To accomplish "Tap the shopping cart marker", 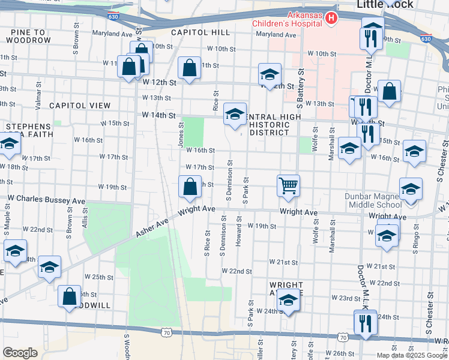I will [289, 186].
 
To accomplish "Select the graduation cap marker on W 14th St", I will [235, 113].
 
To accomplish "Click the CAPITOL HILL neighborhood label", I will [197, 32].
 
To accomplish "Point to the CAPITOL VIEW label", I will [80, 105].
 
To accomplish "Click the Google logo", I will [20, 353].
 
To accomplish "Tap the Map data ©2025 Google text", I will [412, 355].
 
